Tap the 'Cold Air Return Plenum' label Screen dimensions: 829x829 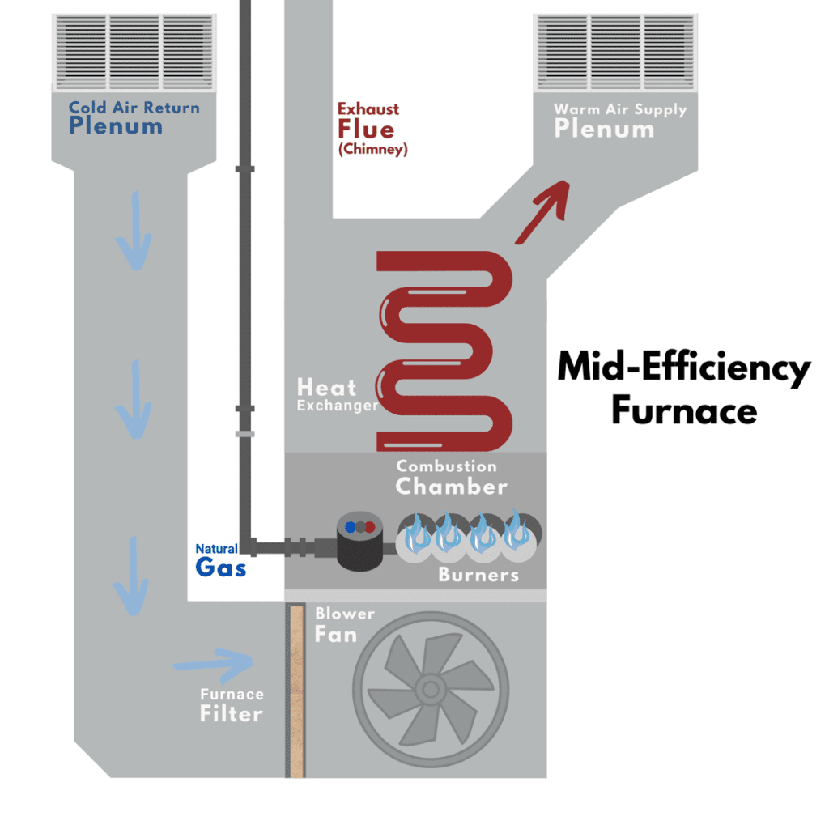point(134,117)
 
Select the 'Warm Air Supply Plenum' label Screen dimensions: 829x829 point(619,120)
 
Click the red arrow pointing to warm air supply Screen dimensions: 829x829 point(541,212)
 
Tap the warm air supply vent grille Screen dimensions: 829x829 point(615,50)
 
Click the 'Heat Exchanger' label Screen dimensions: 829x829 point(337,394)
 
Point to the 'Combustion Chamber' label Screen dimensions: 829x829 point(451,478)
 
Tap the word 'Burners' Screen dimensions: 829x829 point(478,575)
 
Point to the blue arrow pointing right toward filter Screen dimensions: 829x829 point(215,664)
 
